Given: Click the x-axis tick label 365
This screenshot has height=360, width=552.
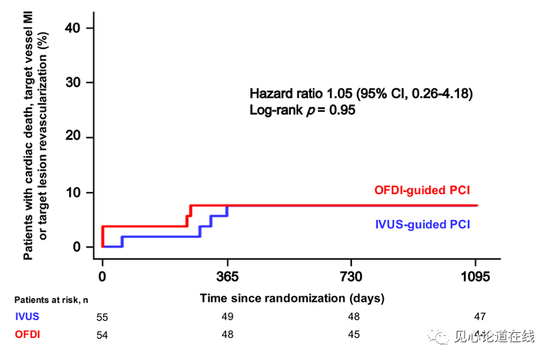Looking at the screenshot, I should (x=227, y=277).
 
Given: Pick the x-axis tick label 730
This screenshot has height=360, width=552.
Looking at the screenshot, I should (x=351, y=277).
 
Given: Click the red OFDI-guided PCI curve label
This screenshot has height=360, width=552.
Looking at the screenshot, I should (x=422, y=190).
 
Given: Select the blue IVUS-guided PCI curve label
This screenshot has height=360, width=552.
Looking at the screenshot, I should (x=423, y=224).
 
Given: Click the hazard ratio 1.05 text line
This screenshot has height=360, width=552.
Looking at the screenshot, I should (x=361, y=93).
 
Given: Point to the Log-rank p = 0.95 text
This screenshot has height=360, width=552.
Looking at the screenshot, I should (x=302, y=110).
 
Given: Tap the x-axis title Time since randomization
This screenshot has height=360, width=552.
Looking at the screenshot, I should (x=292, y=298).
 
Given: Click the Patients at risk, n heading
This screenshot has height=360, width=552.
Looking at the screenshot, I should (x=51, y=300).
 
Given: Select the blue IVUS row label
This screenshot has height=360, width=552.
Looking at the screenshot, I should (x=26, y=317).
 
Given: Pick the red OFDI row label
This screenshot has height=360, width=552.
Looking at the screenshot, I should (x=26, y=334).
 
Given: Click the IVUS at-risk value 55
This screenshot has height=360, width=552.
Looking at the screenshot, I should (x=102, y=317).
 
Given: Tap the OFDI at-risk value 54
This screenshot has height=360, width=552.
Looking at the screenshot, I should (x=102, y=335).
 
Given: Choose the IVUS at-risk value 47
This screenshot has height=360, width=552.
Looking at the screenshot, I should (x=479, y=316).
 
